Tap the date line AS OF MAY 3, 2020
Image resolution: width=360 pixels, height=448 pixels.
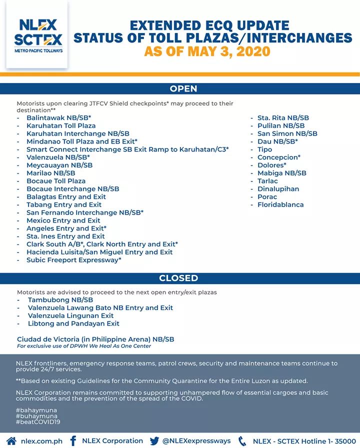coord(207,51)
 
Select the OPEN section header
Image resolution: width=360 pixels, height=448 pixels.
coord(183,89)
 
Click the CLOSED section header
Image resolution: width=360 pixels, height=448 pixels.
coord(178,278)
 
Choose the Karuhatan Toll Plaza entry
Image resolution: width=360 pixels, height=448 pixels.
coord(60,126)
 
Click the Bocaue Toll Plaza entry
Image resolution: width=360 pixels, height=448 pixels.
coord(55,181)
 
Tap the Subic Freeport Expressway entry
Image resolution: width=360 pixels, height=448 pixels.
coord(73,260)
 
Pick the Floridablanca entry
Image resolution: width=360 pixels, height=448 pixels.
coord(280,204)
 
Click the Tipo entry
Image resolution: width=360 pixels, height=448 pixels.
coord(264,149)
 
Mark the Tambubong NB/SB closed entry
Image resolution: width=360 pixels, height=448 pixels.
coord(60,300)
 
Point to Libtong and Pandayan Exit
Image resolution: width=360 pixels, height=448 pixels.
coord(73,324)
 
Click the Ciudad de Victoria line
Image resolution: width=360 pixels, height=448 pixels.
coord(95,339)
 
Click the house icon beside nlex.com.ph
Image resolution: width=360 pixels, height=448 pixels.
coord(11,441)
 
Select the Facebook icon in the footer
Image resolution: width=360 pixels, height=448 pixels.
coord(73,441)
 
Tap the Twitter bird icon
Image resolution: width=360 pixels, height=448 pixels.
coord(154,441)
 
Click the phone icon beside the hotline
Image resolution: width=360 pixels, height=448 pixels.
coord(242,441)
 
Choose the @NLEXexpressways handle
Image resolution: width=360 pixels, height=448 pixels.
coord(196,441)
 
